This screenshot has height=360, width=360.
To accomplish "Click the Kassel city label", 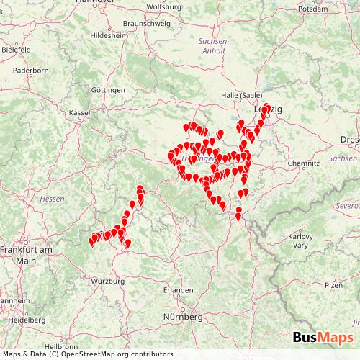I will (x=78, y=113).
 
